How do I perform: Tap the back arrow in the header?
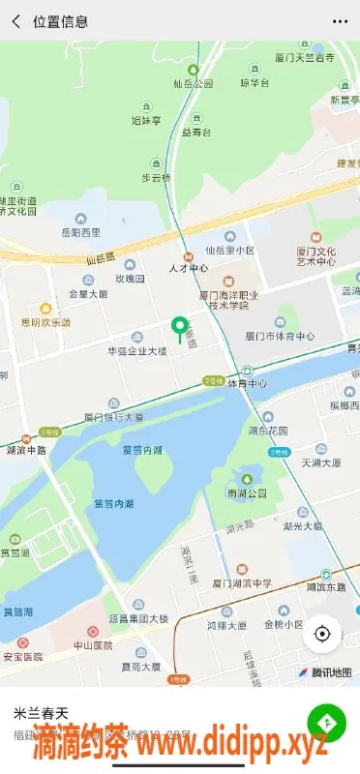[15, 20]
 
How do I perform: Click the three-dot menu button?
[339, 20]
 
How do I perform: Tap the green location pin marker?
[178, 329]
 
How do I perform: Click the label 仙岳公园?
[194, 84]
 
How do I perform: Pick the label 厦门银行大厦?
[114, 417]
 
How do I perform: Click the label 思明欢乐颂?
[46, 322]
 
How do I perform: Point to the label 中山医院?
[93, 644]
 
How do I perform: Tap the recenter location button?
[321, 634]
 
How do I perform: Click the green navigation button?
[326, 722]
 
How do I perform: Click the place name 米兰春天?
[42, 714]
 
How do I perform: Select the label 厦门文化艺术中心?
[315, 255]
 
